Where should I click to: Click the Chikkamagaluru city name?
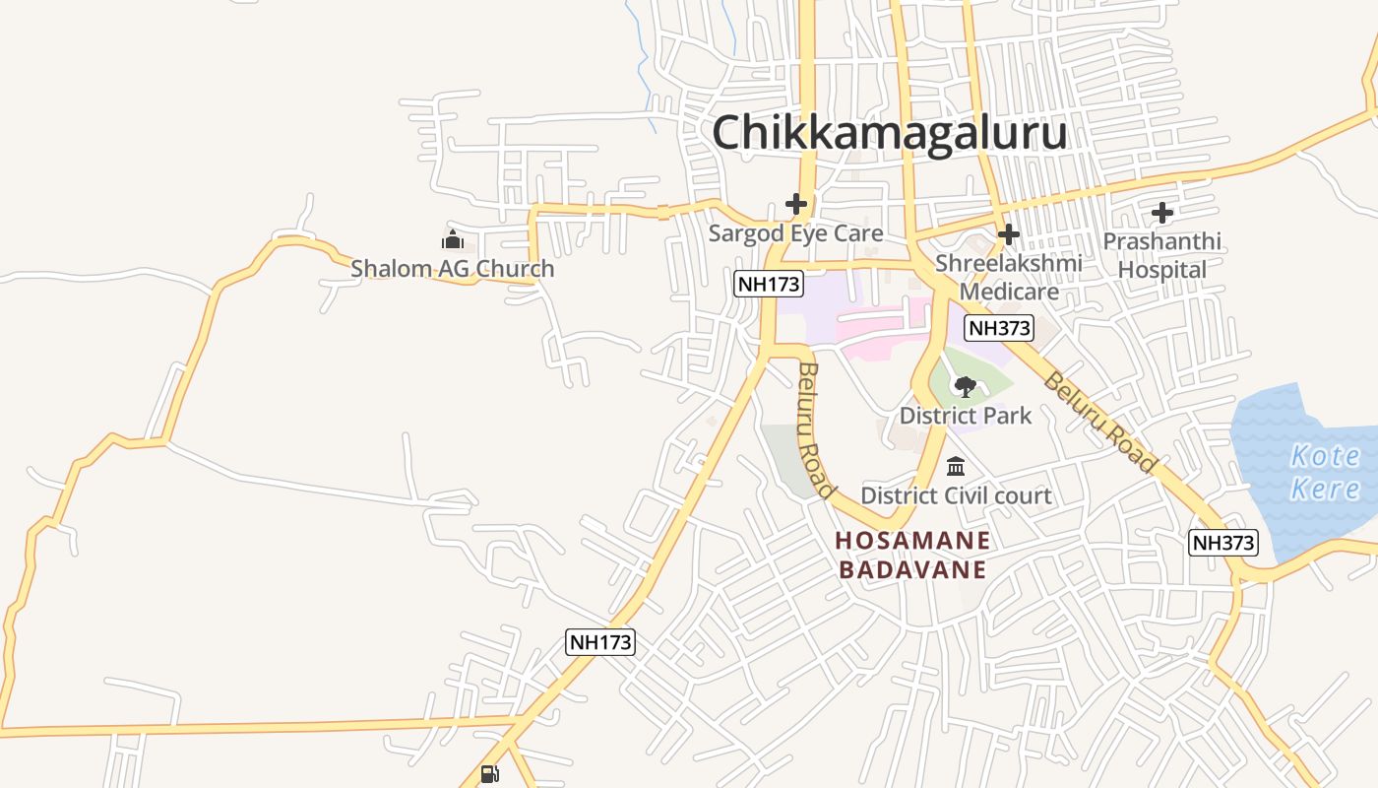click(x=889, y=132)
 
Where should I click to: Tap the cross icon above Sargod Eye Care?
click(x=796, y=204)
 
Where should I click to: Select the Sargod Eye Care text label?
click(x=795, y=233)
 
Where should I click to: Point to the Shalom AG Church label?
click(x=453, y=268)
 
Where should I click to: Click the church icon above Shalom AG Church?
click(x=453, y=239)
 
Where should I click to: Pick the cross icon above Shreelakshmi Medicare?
click(x=1009, y=234)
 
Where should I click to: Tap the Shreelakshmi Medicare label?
click(x=1009, y=277)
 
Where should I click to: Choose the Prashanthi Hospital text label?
click(x=1161, y=255)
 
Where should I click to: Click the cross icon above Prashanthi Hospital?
click(x=1162, y=212)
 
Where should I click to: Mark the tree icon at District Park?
click(x=966, y=386)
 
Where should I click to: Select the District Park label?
click(x=966, y=415)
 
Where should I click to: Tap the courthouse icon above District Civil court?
click(x=956, y=466)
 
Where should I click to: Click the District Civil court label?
click(x=956, y=495)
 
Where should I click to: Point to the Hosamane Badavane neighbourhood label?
click(x=912, y=555)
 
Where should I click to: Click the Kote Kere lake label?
click(x=1324, y=472)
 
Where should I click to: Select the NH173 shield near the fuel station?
click(x=600, y=642)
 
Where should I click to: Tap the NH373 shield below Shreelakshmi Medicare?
click(x=999, y=328)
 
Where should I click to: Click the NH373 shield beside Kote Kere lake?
click(x=1223, y=542)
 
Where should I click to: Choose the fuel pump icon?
click(x=489, y=773)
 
